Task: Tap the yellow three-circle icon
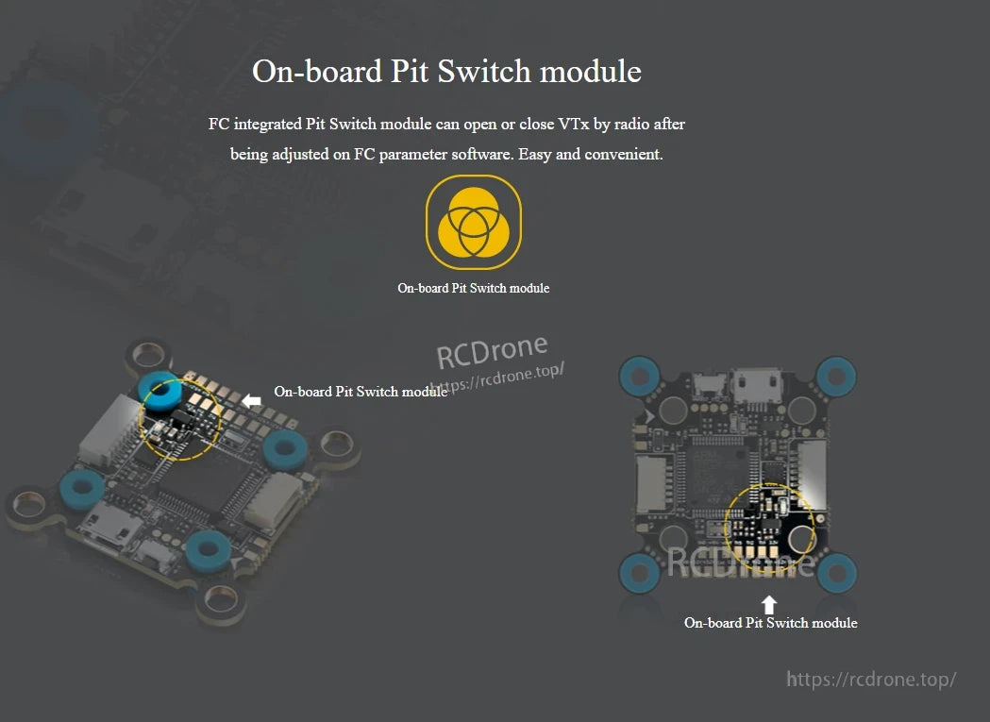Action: (x=474, y=222)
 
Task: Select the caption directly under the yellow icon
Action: (x=473, y=288)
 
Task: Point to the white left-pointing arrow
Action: (x=252, y=401)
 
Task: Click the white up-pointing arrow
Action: (x=770, y=604)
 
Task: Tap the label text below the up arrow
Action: (x=770, y=623)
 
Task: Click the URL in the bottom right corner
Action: (x=871, y=680)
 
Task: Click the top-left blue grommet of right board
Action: (x=637, y=376)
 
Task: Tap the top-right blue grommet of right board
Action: (x=836, y=376)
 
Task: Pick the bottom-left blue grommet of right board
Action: (x=637, y=571)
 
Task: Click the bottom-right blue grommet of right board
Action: (x=837, y=571)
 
